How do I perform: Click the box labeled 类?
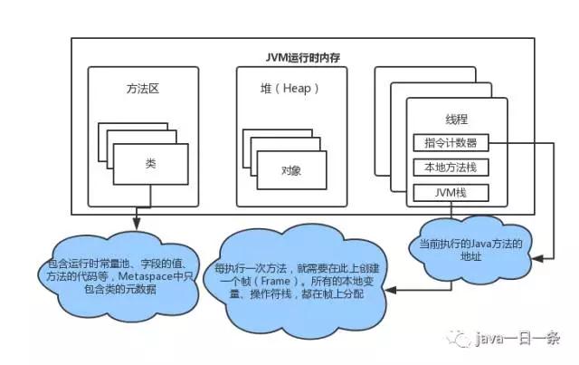coord(150,163)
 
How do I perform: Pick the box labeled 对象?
coord(290,169)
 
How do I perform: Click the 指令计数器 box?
coord(450,143)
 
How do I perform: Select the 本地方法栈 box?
coord(450,168)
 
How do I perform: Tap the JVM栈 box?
coord(450,192)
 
